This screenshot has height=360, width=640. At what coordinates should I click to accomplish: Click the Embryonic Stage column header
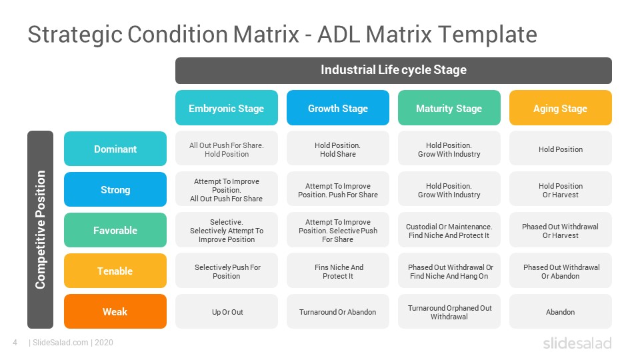pyautogui.click(x=227, y=108)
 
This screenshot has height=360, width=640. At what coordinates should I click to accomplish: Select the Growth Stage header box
pyautogui.click(x=338, y=108)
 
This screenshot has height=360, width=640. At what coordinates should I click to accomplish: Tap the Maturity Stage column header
pyautogui.click(x=449, y=108)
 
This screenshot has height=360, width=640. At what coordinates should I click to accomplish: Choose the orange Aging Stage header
pyautogui.click(x=561, y=108)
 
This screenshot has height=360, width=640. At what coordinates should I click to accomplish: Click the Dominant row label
pyautogui.click(x=115, y=149)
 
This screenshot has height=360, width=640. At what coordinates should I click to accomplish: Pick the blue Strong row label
pyautogui.click(x=115, y=189)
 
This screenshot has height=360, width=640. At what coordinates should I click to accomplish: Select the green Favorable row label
pyautogui.click(x=115, y=230)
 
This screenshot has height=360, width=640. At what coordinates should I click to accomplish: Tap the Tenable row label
pyautogui.click(x=115, y=271)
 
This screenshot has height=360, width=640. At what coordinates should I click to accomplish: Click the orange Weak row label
pyautogui.click(x=115, y=311)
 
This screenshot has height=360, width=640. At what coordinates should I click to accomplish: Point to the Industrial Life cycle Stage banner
pyautogui.click(x=393, y=70)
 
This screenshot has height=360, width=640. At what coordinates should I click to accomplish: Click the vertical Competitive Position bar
pyautogui.click(x=41, y=229)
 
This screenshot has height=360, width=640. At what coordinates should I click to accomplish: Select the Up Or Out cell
pyautogui.click(x=227, y=311)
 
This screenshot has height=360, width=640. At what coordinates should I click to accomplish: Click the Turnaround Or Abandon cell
pyautogui.click(x=338, y=311)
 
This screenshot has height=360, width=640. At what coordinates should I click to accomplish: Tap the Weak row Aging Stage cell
pyautogui.click(x=561, y=311)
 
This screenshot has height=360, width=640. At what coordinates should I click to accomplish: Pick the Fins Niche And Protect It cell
pyautogui.click(x=338, y=271)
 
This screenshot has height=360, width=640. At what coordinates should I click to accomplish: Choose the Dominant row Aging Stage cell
pyautogui.click(x=561, y=149)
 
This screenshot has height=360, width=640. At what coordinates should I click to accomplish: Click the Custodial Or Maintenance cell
pyautogui.click(x=449, y=230)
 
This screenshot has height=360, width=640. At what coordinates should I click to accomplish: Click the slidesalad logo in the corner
pyautogui.click(x=577, y=343)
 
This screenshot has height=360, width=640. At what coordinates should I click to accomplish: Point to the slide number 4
pyautogui.click(x=15, y=343)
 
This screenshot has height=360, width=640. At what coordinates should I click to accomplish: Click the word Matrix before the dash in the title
pyautogui.click(x=266, y=34)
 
